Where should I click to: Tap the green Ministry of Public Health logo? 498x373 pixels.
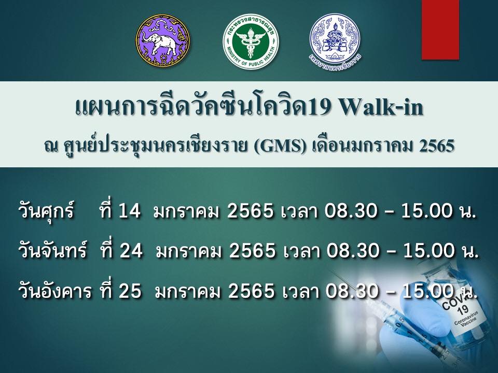tap(251, 42)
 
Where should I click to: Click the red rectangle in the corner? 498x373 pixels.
tap(440, 30)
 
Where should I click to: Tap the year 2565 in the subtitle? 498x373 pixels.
tap(436, 146)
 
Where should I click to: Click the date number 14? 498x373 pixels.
tap(129, 211)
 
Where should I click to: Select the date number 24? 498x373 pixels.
tap(131, 251)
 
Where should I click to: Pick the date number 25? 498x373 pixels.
tap(130, 291)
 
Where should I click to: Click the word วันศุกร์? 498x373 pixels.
tap(46, 210)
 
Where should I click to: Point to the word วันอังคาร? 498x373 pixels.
tap(55, 291)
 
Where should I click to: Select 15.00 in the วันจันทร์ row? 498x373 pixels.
tap(429, 251)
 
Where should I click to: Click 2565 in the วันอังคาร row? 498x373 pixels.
tap(251, 291)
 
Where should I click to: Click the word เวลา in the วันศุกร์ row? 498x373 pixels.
tap(299, 211)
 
